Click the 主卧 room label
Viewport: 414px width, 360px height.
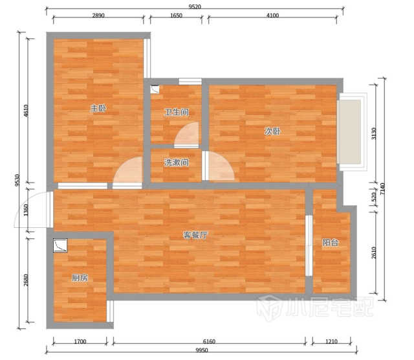[x=98, y=108]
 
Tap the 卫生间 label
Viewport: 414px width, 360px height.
[x=177, y=112]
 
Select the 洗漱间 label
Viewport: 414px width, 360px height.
[x=177, y=163]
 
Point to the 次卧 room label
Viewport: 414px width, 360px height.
[x=272, y=131]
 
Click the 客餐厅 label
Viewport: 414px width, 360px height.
[x=195, y=235]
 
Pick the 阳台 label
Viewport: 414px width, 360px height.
[x=331, y=242]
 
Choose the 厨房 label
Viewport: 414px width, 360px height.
[x=80, y=278]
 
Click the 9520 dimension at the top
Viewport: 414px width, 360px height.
[x=195, y=6]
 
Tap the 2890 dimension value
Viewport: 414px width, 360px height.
[x=98, y=16]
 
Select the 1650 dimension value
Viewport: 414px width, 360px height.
[x=176, y=16]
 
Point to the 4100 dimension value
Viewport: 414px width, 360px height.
[x=272, y=16]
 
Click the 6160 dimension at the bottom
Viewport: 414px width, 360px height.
[x=209, y=341]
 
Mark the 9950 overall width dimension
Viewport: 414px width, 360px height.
[x=202, y=350]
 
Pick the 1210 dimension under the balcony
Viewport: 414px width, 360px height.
[x=331, y=341]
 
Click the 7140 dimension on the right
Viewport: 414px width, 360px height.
[x=382, y=188]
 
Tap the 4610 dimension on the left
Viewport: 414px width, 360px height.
[x=26, y=111]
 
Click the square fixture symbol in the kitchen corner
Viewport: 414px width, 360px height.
[x=60, y=245]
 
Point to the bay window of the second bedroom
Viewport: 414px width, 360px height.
[x=352, y=131]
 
